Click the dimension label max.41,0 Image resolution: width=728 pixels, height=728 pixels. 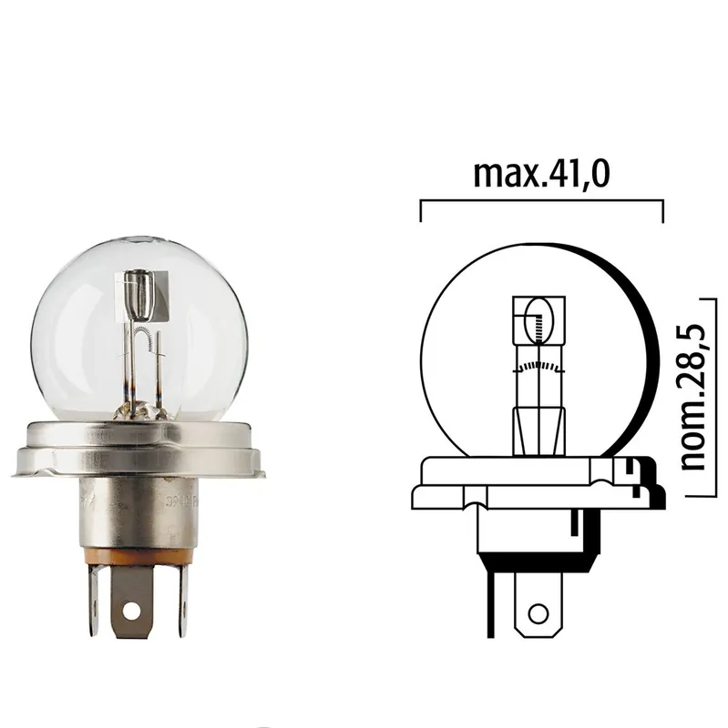click(541, 173)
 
